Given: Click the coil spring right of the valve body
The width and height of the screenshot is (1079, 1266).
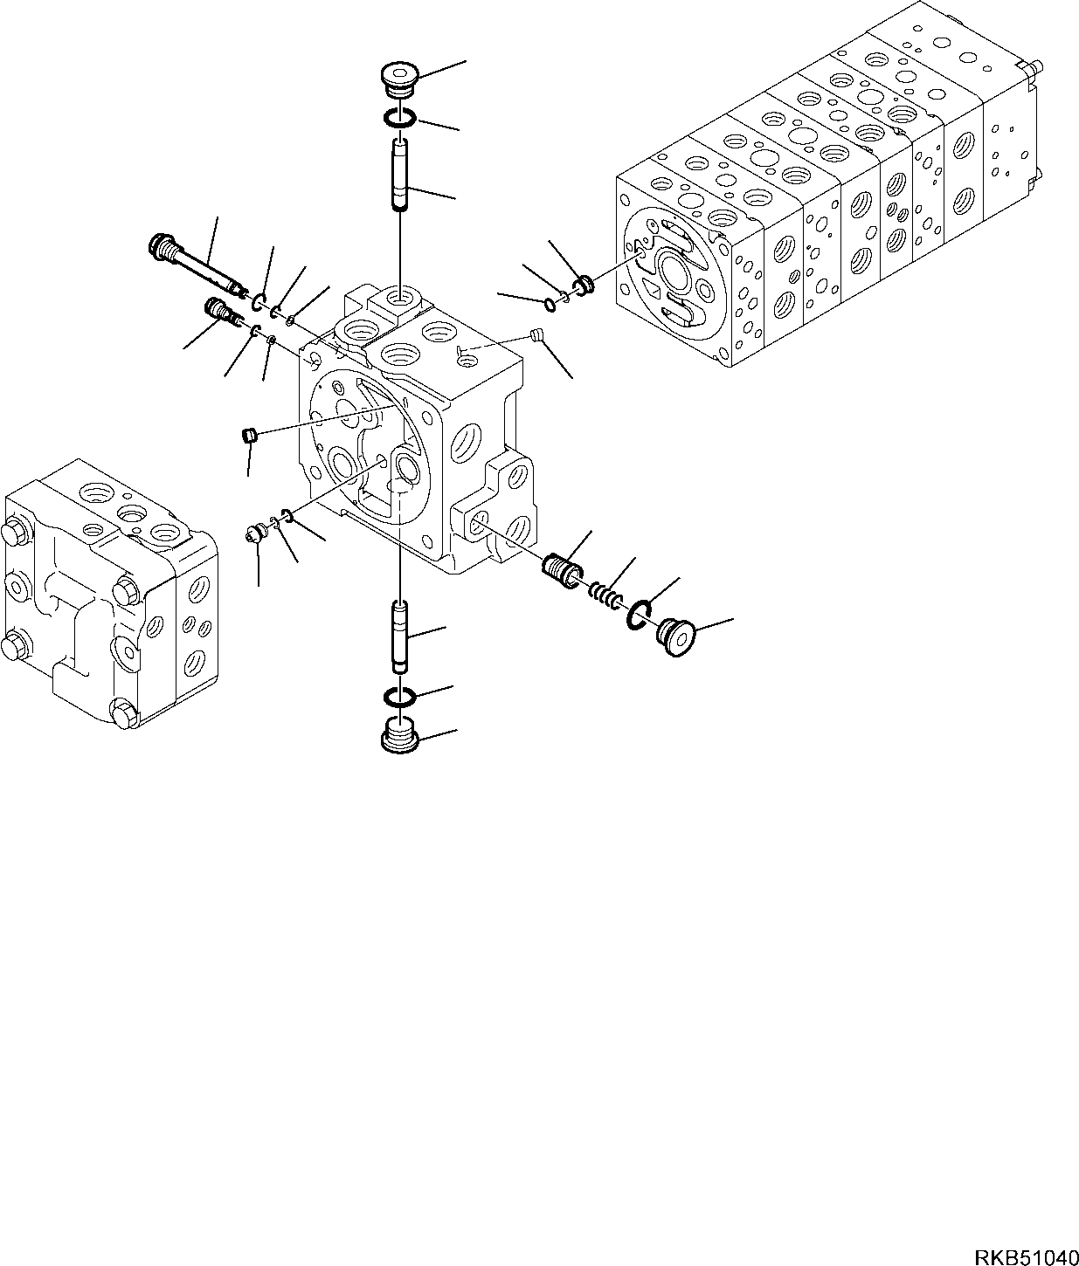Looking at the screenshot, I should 604,595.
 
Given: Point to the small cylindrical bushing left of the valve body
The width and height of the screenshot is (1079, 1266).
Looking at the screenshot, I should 248,434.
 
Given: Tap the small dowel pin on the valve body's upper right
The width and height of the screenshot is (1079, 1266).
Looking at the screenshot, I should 538,334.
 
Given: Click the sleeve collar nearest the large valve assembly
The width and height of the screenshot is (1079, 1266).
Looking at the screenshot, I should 583,283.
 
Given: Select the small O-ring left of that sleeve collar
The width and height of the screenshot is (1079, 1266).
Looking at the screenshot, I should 548,304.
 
